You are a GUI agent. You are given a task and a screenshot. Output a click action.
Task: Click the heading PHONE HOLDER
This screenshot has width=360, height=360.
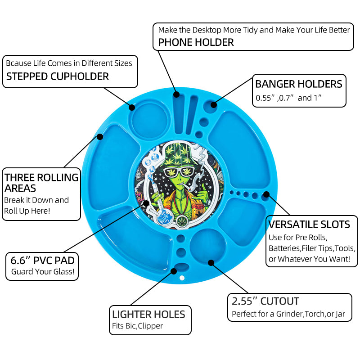click(196, 43)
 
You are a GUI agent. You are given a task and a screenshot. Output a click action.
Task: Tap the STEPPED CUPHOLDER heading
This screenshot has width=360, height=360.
click(58, 76)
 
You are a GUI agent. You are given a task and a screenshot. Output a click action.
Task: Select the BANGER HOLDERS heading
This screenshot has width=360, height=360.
click(299, 84)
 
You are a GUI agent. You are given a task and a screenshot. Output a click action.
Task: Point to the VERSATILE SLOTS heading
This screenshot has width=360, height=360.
click(309, 224)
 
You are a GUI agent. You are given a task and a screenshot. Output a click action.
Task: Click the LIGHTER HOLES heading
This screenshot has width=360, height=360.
click(148, 314)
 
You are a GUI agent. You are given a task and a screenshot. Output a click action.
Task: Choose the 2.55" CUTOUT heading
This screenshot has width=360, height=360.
click(265, 301)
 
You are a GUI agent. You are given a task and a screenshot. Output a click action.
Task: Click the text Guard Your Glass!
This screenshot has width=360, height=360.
click(43, 272)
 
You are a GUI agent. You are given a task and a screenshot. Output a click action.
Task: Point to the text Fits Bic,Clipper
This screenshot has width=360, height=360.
click(137, 326)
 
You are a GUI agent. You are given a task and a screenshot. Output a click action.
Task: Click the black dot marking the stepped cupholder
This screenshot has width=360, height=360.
click(132, 107)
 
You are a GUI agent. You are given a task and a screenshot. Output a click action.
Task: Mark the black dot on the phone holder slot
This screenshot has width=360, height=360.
click(176, 94)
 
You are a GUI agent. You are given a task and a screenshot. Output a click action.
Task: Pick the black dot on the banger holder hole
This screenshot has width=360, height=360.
click(213, 105)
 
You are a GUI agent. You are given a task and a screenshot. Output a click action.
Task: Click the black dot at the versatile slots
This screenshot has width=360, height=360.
click(266, 194)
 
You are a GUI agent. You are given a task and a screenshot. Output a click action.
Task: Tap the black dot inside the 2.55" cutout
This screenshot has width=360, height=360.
click(210, 261)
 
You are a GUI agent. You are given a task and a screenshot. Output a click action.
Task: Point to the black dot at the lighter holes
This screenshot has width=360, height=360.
click(174, 271)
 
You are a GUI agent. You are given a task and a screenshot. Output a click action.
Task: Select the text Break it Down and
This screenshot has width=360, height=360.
click(36, 200)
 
